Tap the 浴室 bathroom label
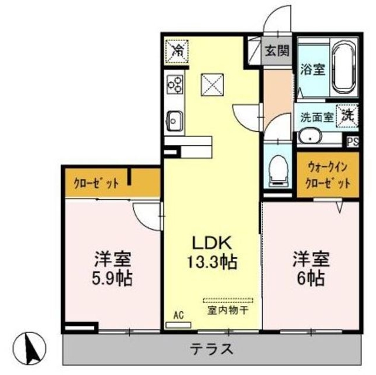tap(313, 68)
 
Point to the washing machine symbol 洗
tap(348, 115)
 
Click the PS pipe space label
tap(353, 141)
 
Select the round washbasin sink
tap(309, 137)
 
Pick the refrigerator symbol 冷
tap(176, 50)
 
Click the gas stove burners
tap(175, 85)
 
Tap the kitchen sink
tap(175, 121)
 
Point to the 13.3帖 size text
tap(212, 262)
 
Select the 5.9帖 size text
tap(113, 277)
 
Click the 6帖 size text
tap(311, 277)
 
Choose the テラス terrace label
tap(211, 349)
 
